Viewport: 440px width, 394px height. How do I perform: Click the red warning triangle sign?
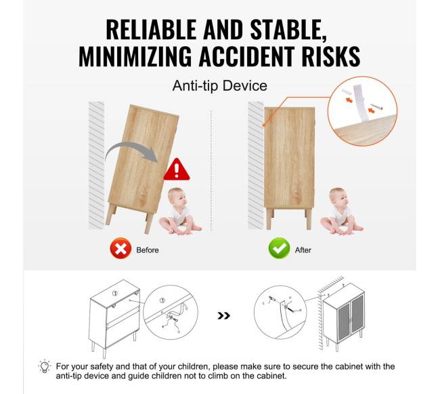[177, 170]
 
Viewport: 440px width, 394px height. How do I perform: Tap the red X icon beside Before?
[120, 248]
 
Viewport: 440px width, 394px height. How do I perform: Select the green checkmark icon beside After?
[279, 248]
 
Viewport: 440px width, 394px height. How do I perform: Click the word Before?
[148, 250]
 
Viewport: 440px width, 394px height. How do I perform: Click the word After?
[303, 250]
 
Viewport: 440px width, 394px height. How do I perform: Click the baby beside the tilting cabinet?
[179, 212]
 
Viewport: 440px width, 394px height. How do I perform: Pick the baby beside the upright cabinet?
[340, 212]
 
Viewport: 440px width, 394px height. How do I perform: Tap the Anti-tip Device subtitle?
[220, 85]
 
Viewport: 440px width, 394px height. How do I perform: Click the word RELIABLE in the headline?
[151, 30]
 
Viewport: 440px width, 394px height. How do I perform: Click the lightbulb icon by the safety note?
[44, 366]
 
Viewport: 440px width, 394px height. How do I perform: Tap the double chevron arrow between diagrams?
[223, 315]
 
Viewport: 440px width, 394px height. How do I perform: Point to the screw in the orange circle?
[376, 106]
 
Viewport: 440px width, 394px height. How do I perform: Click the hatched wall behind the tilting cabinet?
[96, 165]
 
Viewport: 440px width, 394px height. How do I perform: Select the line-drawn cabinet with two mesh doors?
[344, 317]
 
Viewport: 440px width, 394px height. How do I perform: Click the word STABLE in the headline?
[288, 30]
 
